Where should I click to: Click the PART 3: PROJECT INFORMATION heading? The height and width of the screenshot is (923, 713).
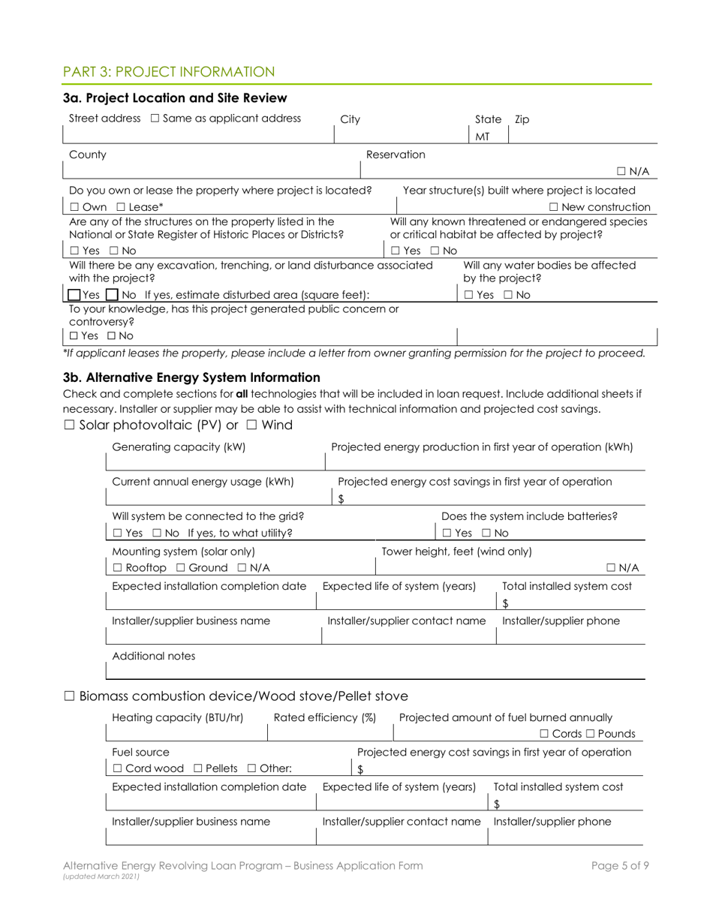coord(169,72)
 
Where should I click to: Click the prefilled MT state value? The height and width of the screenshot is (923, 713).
coord(484,136)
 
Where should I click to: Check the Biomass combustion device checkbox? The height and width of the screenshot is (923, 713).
coord(69,696)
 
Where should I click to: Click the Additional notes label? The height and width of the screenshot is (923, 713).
coord(153,655)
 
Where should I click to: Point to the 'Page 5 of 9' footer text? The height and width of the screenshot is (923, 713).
coord(620,865)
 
